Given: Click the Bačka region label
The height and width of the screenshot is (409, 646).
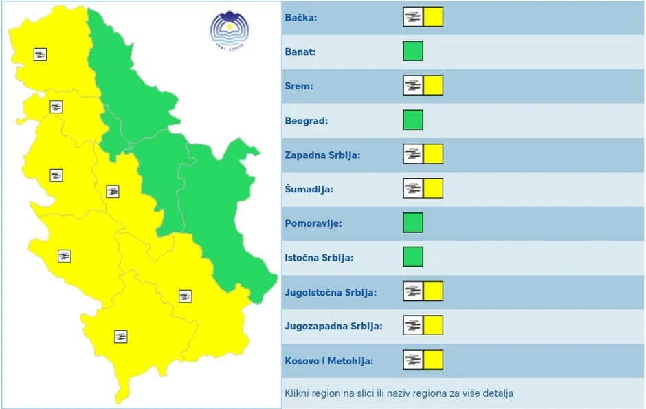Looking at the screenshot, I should tap(301, 18).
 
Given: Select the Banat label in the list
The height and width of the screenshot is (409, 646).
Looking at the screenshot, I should tap(300, 52).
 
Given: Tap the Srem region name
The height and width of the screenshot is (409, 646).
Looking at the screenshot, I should tap(299, 86).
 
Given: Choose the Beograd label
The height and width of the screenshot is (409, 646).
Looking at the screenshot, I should tap(307, 121).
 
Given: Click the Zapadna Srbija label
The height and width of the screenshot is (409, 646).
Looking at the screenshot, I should tap(322, 155).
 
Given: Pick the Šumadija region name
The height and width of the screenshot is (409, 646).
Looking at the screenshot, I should tap(309, 189).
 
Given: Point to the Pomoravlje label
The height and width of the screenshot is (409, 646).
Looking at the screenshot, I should tap(313, 223).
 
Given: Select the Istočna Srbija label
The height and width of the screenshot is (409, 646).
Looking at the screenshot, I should tap(319, 258).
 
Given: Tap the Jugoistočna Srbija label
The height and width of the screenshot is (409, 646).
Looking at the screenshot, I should tap(331, 292).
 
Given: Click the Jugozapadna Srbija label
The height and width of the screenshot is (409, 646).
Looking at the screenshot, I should tap(333, 326).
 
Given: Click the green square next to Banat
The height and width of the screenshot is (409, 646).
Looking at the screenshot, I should tap(413, 51).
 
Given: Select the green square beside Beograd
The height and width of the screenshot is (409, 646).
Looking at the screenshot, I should tap(413, 120).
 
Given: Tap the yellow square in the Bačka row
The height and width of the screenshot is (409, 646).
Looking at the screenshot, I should tap(433, 17).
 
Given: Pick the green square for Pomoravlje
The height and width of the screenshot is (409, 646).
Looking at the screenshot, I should tap(413, 223).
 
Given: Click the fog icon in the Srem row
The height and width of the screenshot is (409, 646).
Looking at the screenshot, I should tap(413, 85).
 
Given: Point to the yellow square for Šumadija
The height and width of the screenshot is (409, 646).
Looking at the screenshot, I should tap(433, 188).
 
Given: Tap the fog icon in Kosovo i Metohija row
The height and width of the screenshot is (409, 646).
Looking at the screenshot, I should tap(413, 360).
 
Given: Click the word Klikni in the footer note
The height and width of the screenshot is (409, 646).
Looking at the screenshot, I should tap(297, 394).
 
